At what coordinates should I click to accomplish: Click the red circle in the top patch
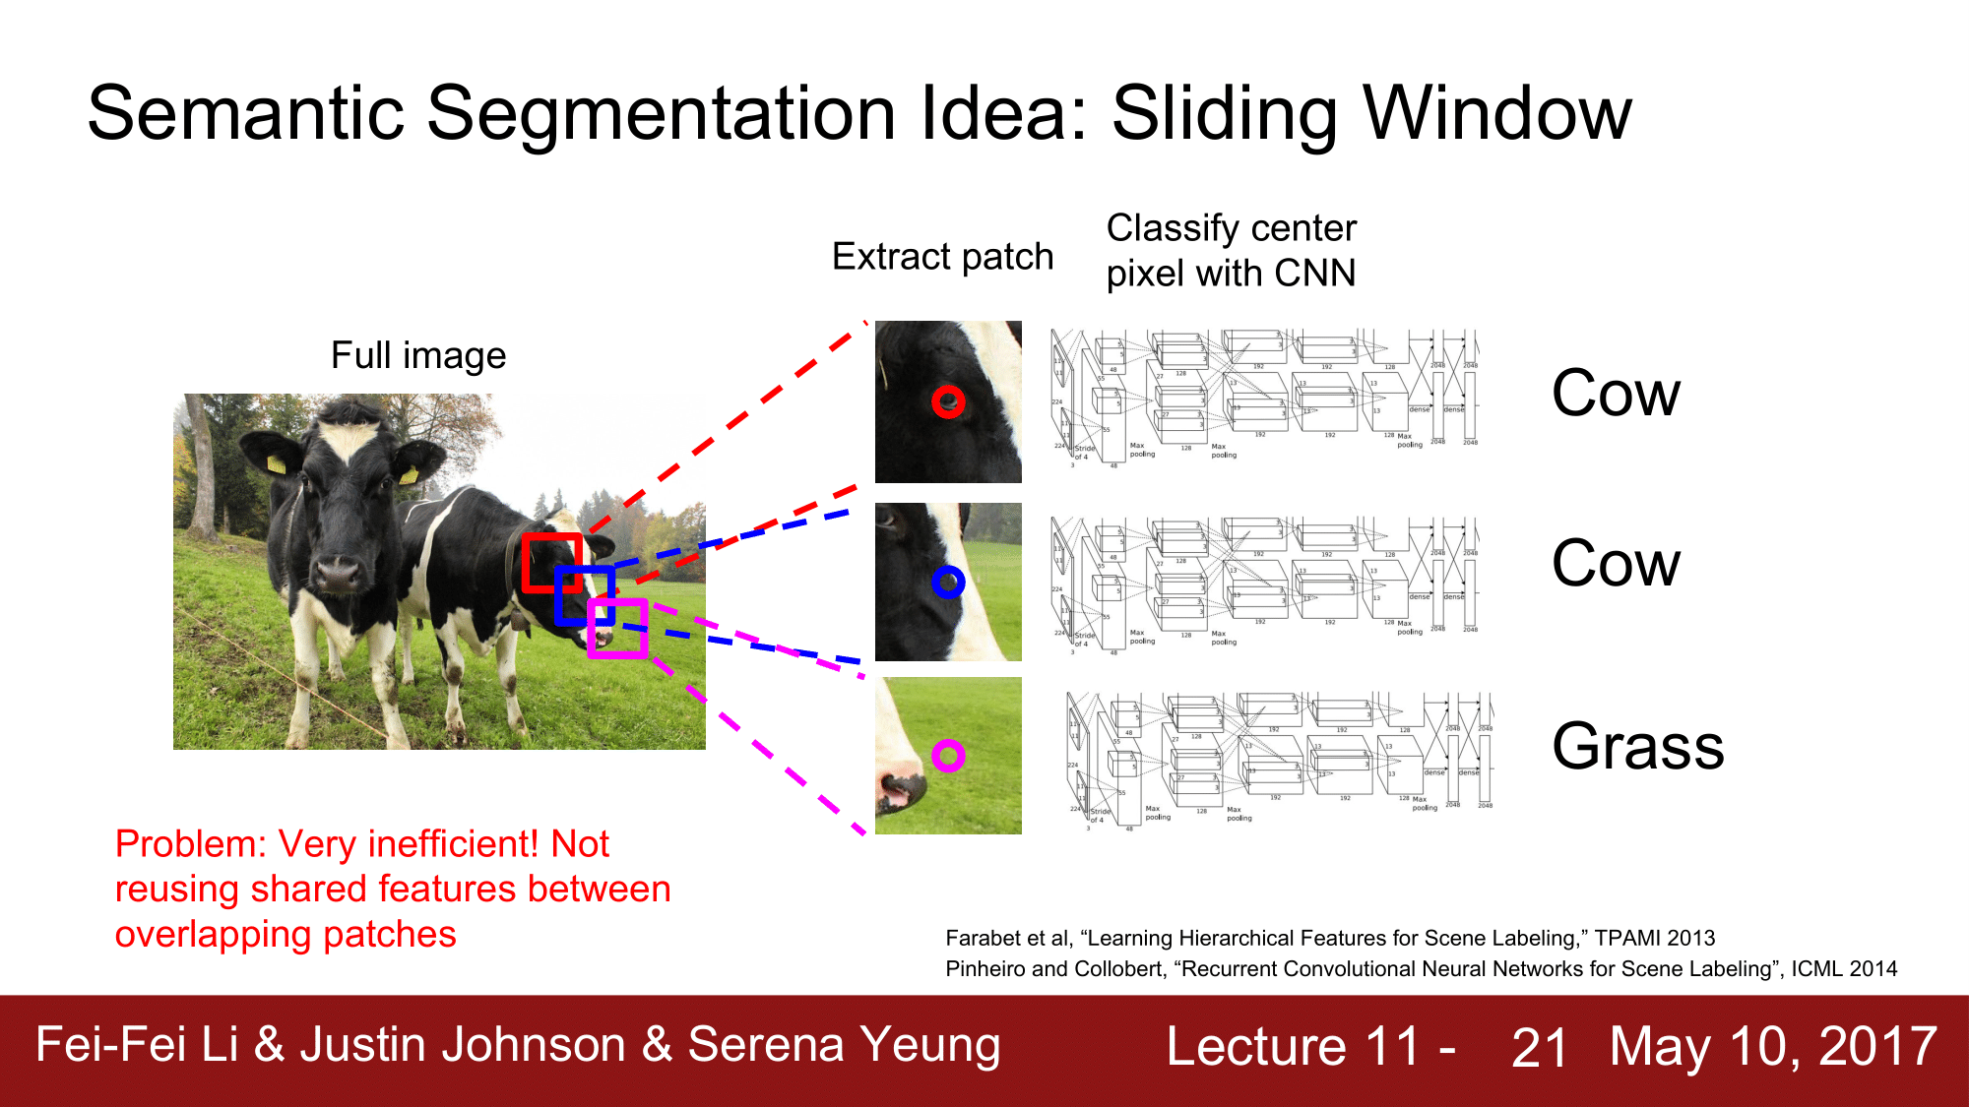tap(948, 401)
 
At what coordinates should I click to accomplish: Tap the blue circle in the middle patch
tap(948, 583)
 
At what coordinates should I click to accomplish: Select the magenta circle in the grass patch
tap(948, 756)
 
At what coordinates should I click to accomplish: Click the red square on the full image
tap(551, 563)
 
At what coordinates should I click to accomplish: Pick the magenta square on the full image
tap(617, 628)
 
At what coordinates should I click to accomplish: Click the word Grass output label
tap(1637, 746)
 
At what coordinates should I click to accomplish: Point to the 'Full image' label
tap(418, 355)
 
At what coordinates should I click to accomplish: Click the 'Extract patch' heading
tap(942, 257)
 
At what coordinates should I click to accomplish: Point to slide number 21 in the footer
tap(1539, 1047)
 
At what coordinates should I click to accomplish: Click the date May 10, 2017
tap(1773, 1046)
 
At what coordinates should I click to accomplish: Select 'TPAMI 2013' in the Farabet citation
tap(1654, 938)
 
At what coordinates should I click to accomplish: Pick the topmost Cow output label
tap(1616, 394)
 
